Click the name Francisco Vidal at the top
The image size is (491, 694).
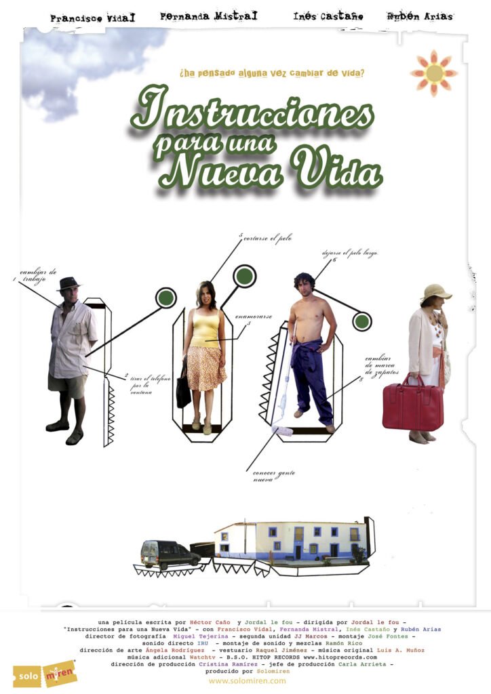tap(92, 18)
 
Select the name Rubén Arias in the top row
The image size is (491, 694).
tap(419, 16)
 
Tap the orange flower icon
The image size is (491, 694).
tap(434, 73)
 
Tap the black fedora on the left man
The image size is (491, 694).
tap(68, 283)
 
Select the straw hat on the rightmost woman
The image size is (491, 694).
tap(435, 292)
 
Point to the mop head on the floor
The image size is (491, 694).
tap(283, 430)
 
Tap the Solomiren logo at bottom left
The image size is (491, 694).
tap(45, 674)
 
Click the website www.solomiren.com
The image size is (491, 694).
tap(247, 680)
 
